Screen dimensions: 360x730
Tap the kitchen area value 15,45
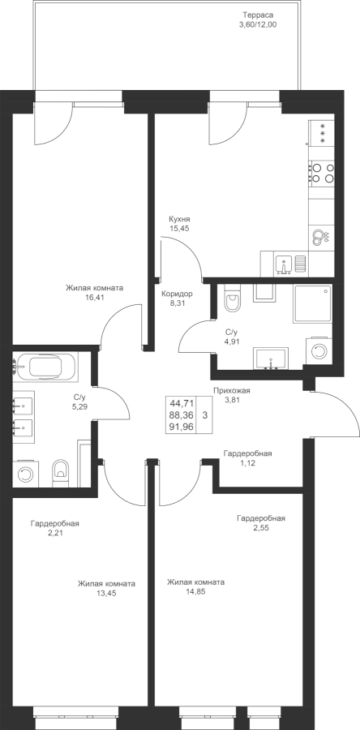click(x=180, y=229)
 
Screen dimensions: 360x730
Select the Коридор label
click(x=177, y=294)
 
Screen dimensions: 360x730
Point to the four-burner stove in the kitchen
click(x=322, y=172)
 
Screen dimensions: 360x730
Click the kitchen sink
click(x=284, y=264)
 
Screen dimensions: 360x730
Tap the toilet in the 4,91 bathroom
click(x=233, y=298)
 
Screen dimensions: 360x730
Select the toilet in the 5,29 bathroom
click(x=61, y=474)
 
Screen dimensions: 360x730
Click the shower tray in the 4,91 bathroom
click(x=312, y=303)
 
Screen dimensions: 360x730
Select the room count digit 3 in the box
click(x=205, y=414)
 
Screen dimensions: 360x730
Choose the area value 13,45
click(x=106, y=593)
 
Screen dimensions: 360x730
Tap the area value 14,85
click(x=196, y=592)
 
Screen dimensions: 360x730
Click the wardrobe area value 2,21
click(x=54, y=534)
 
